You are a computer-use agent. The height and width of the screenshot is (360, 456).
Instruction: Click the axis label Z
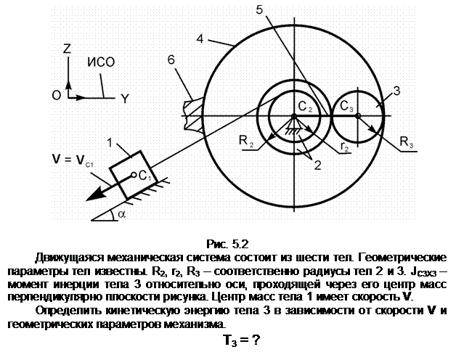point(68,49)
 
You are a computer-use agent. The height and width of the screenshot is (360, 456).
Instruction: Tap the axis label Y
point(125,99)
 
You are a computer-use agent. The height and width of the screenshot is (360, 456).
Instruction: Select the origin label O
point(57,95)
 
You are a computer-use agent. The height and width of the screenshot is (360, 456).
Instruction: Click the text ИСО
point(101,62)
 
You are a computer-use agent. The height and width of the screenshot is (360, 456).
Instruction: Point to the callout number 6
point(171,60)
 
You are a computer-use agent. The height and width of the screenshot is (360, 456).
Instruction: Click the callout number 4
point(200,39)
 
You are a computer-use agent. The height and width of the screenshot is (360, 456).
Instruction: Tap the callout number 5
point(259,10)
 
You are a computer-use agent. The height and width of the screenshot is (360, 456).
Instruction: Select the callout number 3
point(396,91)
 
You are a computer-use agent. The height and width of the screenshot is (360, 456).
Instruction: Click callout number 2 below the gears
point(318,165)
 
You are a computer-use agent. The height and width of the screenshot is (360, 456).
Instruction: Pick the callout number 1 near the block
point(110,143)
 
